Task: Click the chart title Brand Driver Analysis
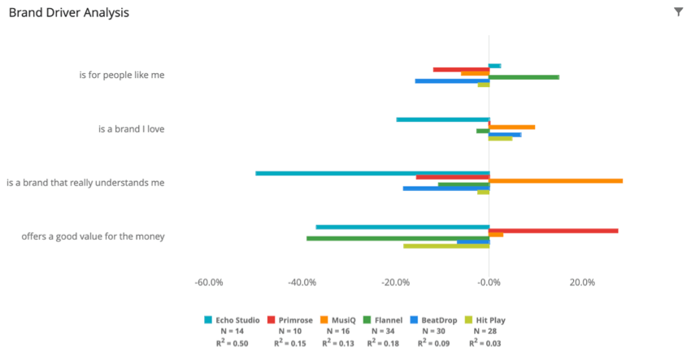click(68, 13)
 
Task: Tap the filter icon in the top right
click(678, 12)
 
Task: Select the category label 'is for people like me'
click(122, 75)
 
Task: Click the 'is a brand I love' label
click(131, 128)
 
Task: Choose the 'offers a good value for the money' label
click(93, 236)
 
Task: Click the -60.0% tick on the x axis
click(209, 283)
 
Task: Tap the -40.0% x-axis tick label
click(302, 283)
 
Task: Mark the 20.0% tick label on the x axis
click(582, 283)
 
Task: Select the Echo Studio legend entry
click(232, 320)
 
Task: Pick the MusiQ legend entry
click(338, 320)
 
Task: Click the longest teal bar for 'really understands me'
click(372, 173)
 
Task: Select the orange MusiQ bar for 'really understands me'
click(556, 180)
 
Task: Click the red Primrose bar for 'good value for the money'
click(554, 231)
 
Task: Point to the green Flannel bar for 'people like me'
click(524, 77)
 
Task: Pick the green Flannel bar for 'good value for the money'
click(398, 238)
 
